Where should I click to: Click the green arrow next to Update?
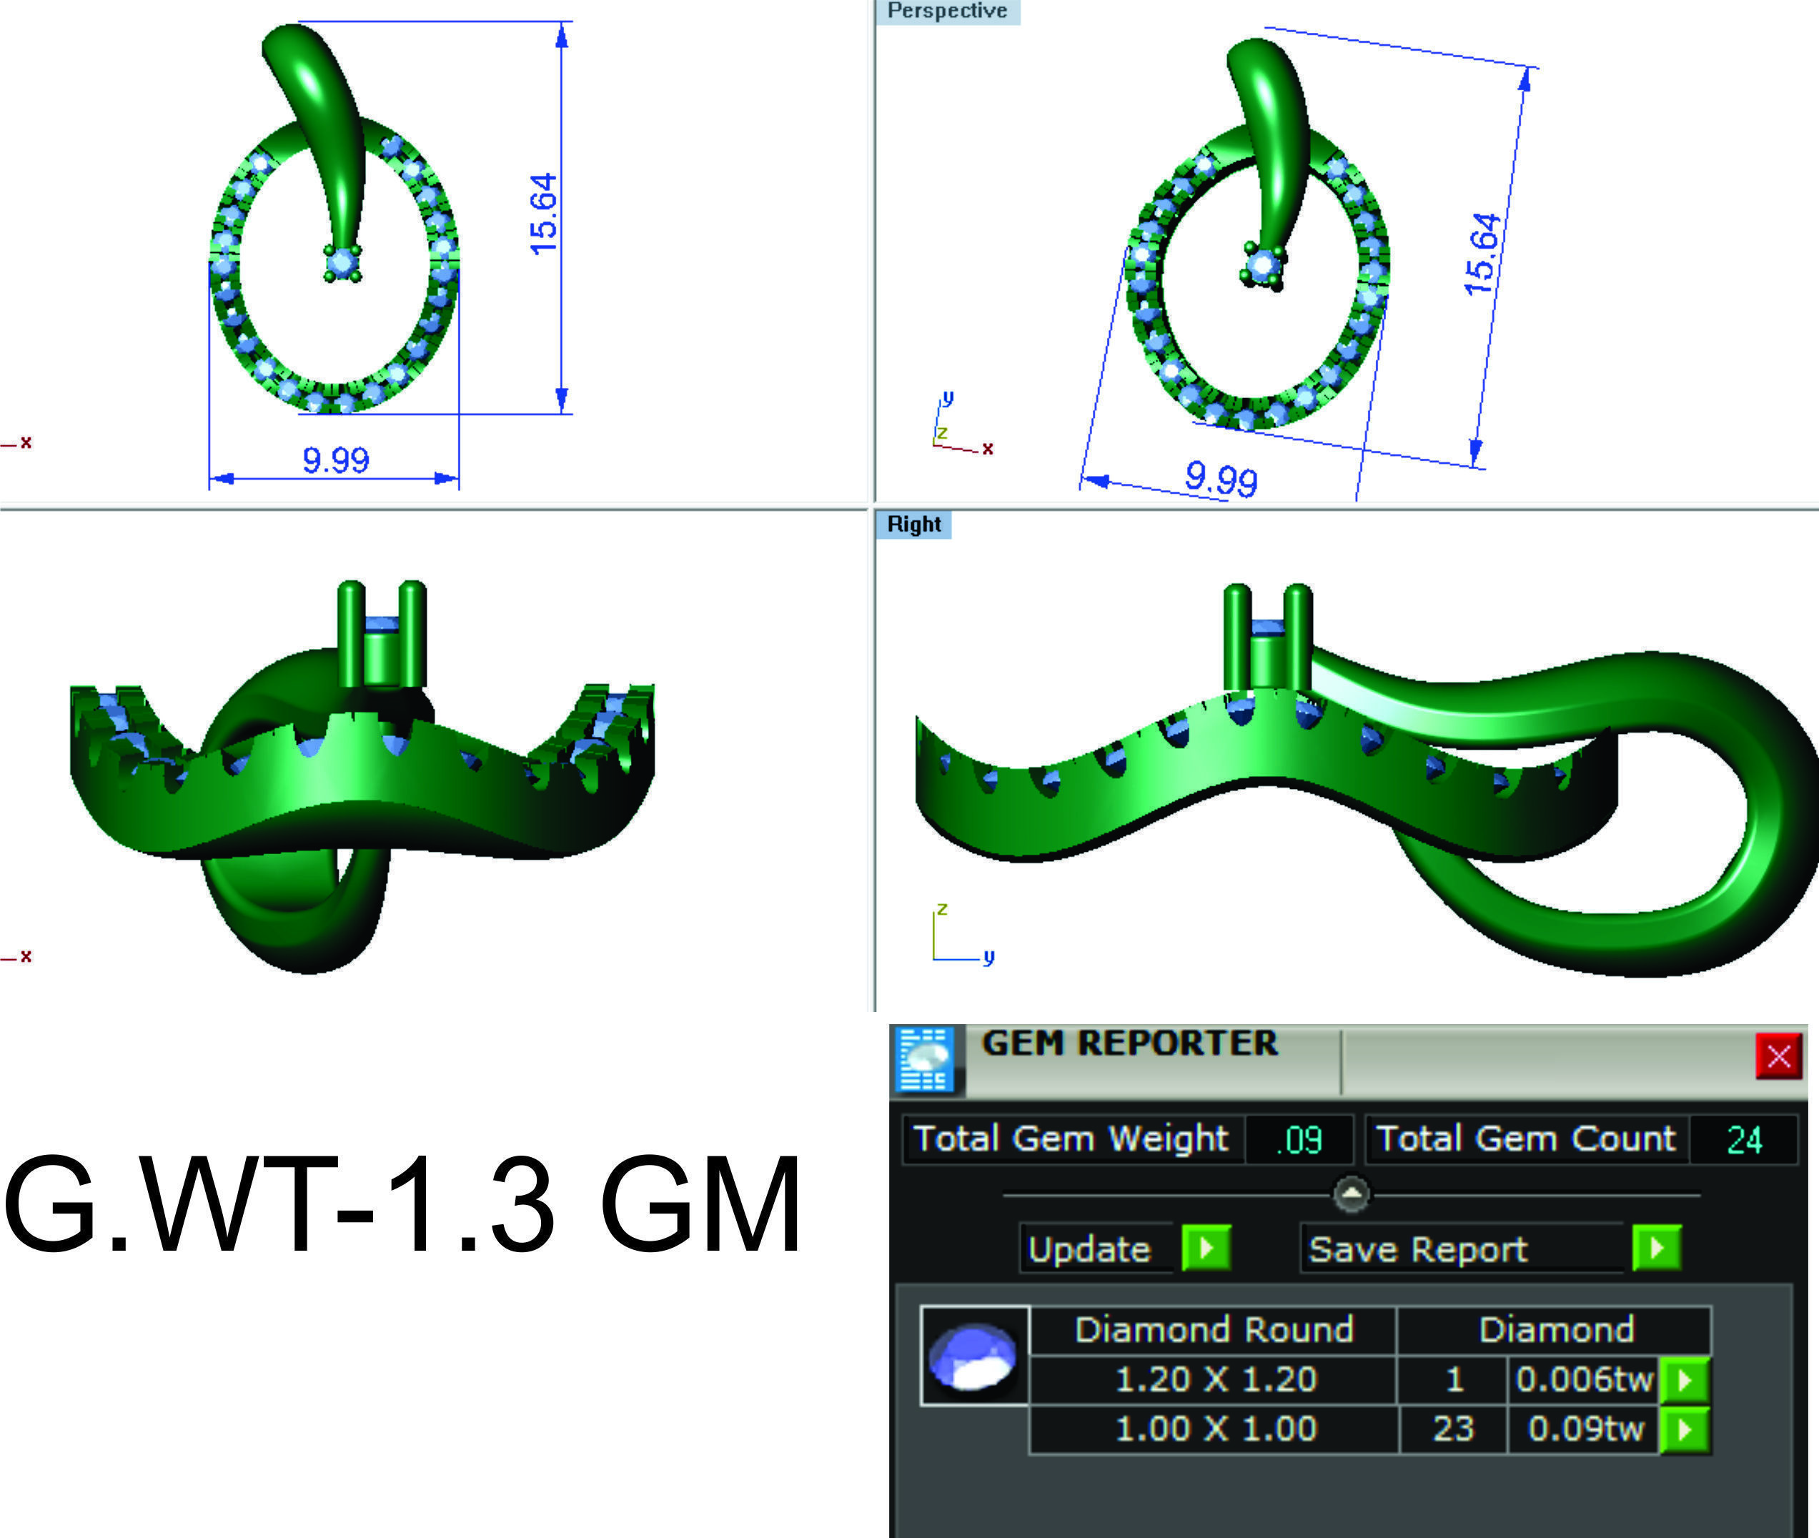pos(1206,1248)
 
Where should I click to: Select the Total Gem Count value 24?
pos(1743,1139)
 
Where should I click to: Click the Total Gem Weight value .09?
pos(1299,1139)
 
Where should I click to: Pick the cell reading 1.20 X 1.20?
pos(1215,1379)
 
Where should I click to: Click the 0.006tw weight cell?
pos(1582,1379)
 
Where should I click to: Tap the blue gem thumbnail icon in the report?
pos(974,1356)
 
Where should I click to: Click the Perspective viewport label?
pos(947,11)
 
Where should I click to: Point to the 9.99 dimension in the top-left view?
pos(336,460)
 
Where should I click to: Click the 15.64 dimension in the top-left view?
pos(542,214)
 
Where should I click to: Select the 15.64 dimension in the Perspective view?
pos(1482,254)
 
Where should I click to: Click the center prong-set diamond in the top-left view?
pos(342,262)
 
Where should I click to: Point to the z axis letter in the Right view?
pos(942,909)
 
